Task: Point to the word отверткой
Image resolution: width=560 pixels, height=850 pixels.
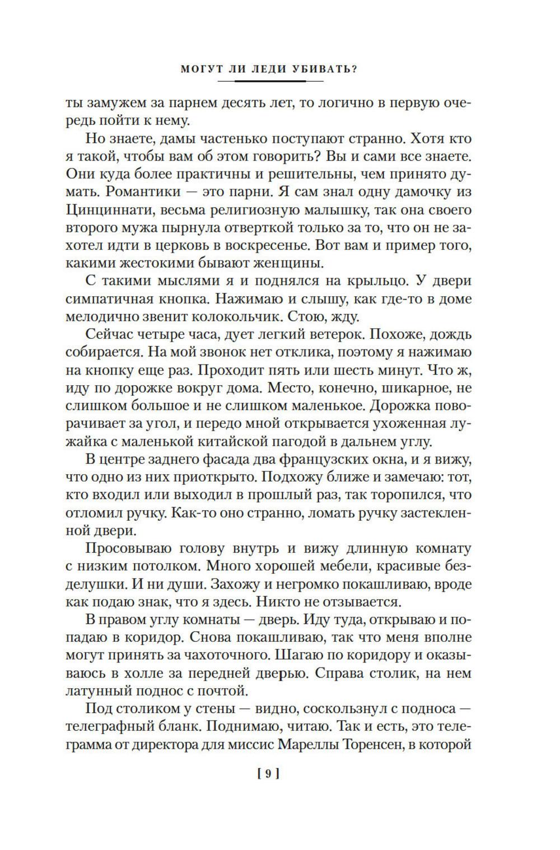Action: tap(280, 228)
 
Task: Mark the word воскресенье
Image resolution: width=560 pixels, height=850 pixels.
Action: tap(296, 246)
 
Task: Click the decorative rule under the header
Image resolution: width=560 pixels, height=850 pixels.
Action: tap(269, 82)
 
